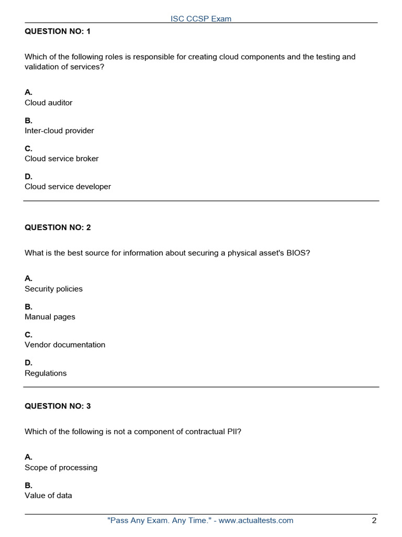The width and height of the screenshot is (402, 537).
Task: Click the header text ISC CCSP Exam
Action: point(201,19)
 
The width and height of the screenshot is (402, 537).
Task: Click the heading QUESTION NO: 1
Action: point(58,31)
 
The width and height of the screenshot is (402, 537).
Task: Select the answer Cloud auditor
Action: point(49,103)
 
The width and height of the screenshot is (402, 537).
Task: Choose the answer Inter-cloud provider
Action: point(59,131)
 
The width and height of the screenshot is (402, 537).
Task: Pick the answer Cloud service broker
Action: point(62,158)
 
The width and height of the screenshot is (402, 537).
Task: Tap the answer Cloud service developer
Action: point(68,187)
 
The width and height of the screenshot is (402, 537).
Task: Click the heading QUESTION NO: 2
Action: point(58,228)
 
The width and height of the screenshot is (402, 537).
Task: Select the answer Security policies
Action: point(54,289)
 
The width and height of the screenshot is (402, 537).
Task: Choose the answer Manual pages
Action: point(50,317)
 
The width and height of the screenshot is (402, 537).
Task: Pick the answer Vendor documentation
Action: point(65,345)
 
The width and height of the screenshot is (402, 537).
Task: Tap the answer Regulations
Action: point(46,373)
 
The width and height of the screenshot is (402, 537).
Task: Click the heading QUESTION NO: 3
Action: point(58,406)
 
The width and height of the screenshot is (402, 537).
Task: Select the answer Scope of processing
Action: point(61,467)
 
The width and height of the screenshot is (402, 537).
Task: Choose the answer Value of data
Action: point(49,496)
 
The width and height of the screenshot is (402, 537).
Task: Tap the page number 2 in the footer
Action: point(374,521)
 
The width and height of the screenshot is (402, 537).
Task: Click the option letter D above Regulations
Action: point(28,362)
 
